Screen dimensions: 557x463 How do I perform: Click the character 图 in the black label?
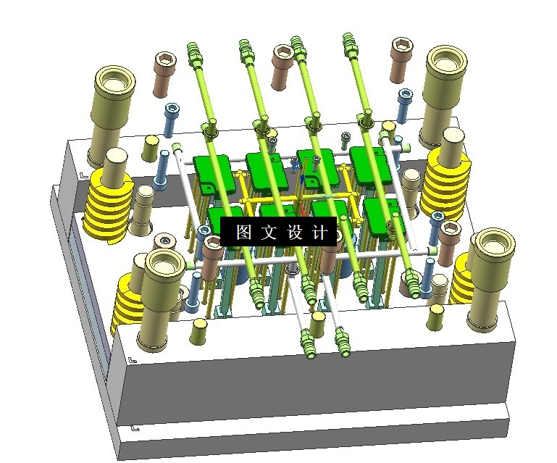tap(243, 232)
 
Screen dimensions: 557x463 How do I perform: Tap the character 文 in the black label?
tap(269, 232)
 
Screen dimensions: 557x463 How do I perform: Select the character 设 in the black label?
tap(295, 232)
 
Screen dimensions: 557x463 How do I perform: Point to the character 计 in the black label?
tap(319, 232)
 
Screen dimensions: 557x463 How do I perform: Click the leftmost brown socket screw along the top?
tap(164, 74)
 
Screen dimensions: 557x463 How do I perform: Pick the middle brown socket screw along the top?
tap(282, 67)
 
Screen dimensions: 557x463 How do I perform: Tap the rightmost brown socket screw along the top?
tap(401, 60)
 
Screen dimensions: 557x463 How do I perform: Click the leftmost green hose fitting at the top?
tap(193, 54)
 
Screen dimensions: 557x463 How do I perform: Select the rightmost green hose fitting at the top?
tap(351, 44)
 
